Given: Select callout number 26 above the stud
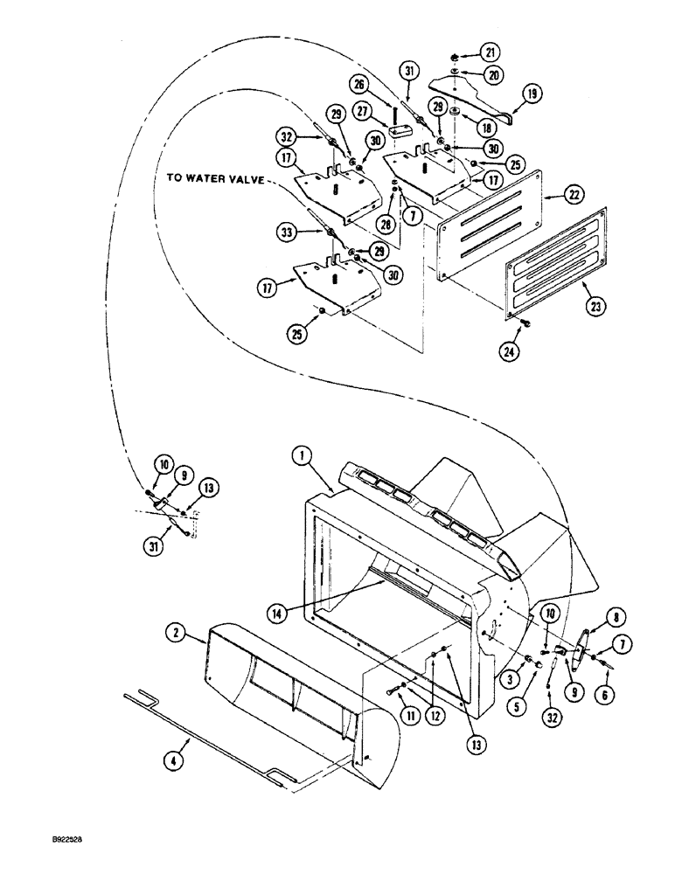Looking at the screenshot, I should tap(379, 84).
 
